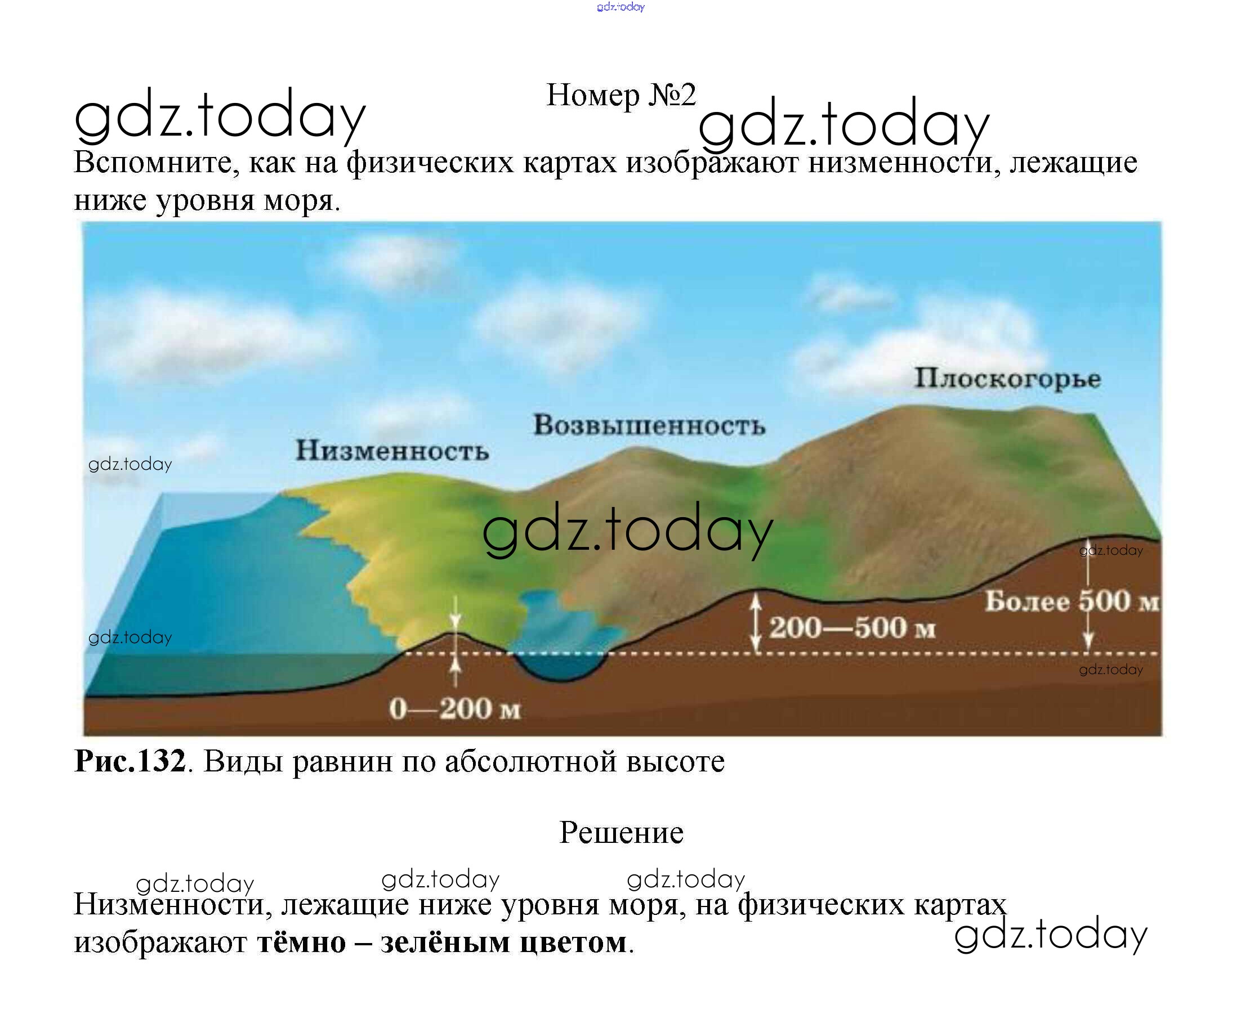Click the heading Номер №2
(621, 95)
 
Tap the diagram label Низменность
(392, 451)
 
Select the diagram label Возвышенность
(649, 425)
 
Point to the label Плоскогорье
(1007, 379)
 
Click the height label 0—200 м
(454, 708)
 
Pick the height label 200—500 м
(852, 627)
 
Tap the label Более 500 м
(1073, 601)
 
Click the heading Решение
(622, 832)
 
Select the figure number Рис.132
(130, 761)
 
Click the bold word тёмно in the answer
(302, 942)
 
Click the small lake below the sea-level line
(559, 666)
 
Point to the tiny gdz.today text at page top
(621, 7)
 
